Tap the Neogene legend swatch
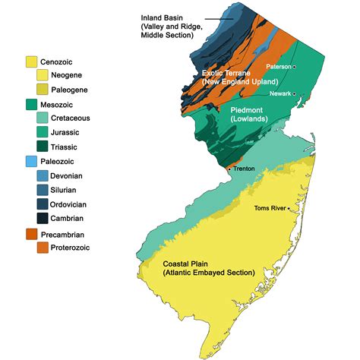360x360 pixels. pyautogui.click(x=43, y=75)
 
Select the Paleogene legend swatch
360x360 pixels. pyautogui.click(x=43, y=90)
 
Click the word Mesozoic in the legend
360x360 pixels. pyautogui.click(x=62, y=104)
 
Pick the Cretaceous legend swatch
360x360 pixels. pyautogui.click(x=43, y=118)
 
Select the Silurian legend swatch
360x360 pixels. pyautogui.click(x=43, y=190)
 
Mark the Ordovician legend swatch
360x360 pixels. pyautogui.click(x=43, y=204)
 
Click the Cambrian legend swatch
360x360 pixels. pyautogui.click(x=43, y=219)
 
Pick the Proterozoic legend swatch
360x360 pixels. pyautogui.click(x=43, y=248)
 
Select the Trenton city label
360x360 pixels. pyautogui.click(x=245, y=169)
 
